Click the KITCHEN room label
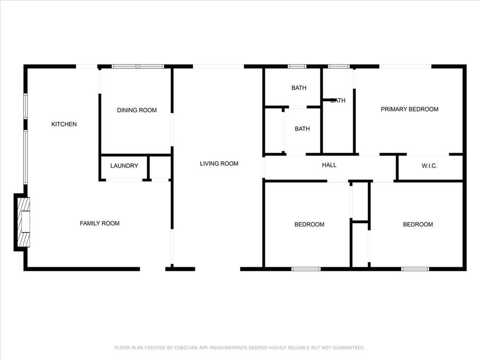64,124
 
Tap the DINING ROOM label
137,110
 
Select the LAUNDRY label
124,165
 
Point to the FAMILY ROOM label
100,224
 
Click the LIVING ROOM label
219,164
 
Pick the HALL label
329,165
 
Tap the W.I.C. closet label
429,166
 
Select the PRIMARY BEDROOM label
410,109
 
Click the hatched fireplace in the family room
23,222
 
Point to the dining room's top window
138,67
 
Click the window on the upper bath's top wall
297,67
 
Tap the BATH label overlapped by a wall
338,100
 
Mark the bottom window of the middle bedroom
306,269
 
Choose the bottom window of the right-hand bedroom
415,269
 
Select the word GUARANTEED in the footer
349,348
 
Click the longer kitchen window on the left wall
25,157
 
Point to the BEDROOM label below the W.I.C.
418,225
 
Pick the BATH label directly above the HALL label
302,129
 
